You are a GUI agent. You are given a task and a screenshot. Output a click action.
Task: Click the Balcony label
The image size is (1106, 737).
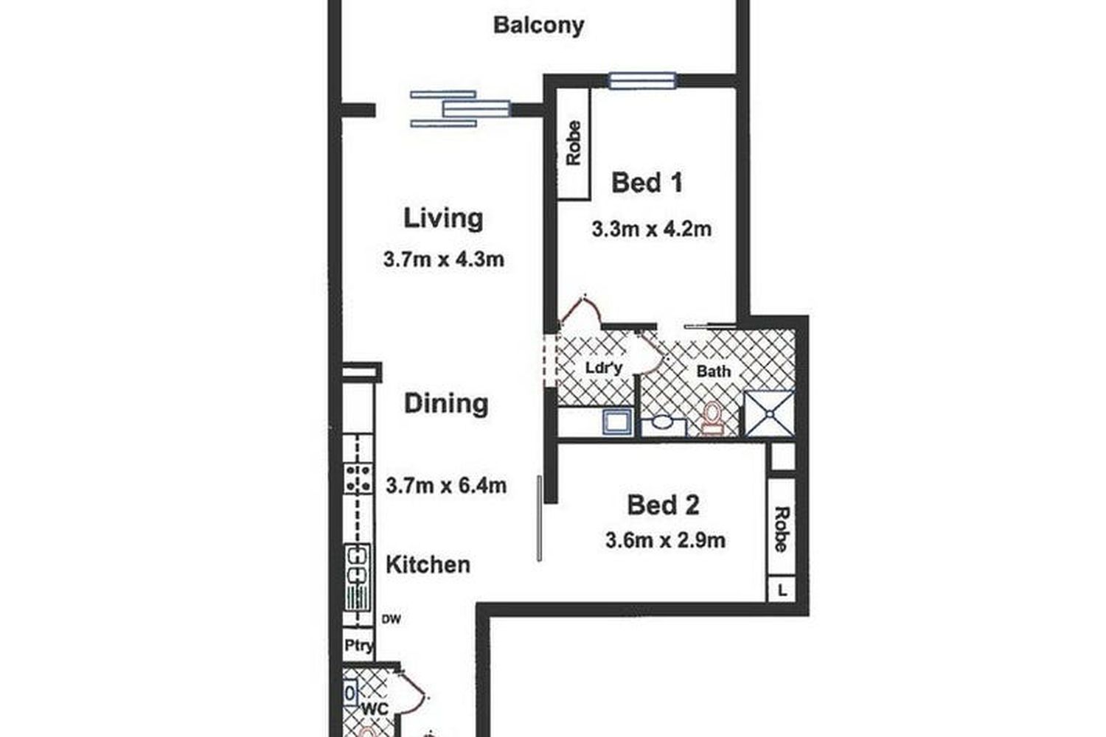pos(539,25)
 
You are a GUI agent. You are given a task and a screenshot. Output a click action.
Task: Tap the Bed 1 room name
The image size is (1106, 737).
pos(647,183)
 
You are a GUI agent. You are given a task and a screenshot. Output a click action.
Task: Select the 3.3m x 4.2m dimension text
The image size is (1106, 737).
pos(652,229)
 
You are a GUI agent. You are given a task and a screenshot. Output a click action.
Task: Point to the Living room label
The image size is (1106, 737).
pos(443,219)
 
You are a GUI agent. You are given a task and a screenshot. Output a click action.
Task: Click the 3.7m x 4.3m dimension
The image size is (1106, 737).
pos(444,259)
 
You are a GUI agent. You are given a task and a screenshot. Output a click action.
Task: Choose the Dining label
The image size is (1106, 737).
pos(446,403)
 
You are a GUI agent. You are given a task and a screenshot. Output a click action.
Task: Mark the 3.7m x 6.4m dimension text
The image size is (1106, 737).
pos(446,486)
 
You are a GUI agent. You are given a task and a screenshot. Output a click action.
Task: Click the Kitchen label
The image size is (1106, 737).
pos(428,565)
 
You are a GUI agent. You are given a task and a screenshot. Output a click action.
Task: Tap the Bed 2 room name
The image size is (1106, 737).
pos(663,506)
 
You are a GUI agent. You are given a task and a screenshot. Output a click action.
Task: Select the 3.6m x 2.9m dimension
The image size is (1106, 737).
pos(666,540)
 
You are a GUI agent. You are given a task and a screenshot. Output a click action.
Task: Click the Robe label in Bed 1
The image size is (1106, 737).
pos(574,143)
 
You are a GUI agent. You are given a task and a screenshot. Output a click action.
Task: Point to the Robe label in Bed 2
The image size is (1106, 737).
pos(782,528)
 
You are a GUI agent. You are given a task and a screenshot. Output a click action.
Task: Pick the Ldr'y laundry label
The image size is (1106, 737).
pos(604,368)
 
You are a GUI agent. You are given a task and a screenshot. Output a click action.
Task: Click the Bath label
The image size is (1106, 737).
pos(714,371)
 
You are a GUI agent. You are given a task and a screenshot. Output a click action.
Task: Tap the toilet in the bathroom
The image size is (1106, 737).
pos(712,419)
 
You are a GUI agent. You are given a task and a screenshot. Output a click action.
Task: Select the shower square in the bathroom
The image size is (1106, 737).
pos(769,414)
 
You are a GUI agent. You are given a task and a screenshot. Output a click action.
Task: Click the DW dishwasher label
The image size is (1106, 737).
pos(391,619)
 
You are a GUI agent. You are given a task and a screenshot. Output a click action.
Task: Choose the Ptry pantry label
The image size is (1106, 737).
pos(359,645)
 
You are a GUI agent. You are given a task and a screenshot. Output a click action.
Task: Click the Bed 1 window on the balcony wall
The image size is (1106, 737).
pos(642,80)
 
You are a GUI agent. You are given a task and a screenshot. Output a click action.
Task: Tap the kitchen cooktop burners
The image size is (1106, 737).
pos(358,479)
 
